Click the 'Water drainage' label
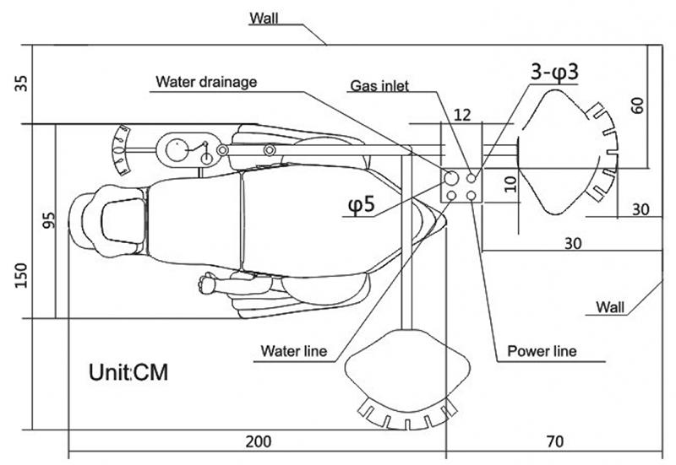pos(206,82)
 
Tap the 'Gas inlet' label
pos(379,86)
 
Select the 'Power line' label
pos(542,351)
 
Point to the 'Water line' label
pos(294,351)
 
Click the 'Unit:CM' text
pos(128,372)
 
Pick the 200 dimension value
pos(259,441)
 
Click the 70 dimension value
pos(555,441)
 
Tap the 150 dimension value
pos(20,276)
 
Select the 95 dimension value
pos(50,220)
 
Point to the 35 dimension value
pos(20,84)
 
